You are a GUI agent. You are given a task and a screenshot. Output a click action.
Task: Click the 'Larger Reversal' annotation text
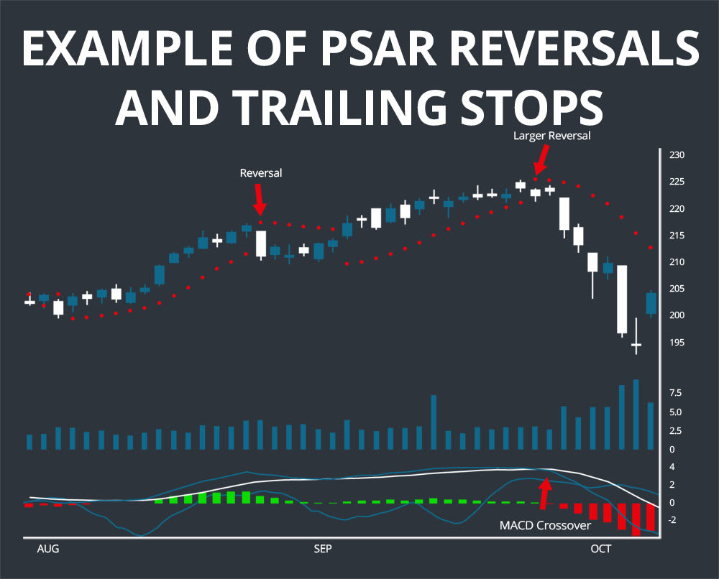coord(551,135)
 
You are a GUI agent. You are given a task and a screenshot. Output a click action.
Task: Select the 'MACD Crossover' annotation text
coord(545,526)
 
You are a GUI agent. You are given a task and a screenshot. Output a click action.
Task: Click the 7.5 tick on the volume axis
coord(675,393)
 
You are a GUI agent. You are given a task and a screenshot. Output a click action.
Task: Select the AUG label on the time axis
coord(47,550)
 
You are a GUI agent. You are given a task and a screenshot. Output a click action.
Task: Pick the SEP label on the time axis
coord(323,550)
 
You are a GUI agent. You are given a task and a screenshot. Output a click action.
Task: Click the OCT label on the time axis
coord(600,550)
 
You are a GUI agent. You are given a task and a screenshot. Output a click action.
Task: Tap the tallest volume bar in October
coord(636,414)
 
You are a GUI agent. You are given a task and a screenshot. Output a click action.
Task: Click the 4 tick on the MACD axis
coord(672,467)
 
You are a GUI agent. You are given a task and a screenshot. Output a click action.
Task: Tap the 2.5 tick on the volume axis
coord(675,431)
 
